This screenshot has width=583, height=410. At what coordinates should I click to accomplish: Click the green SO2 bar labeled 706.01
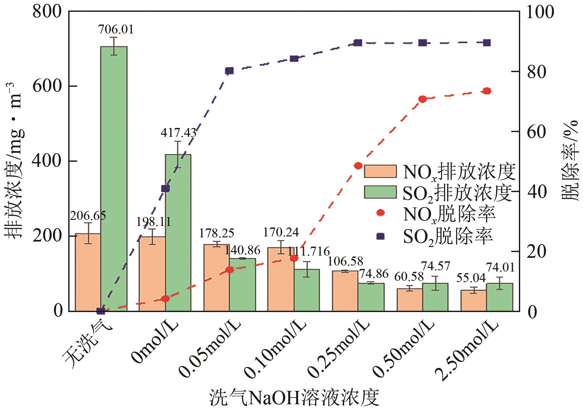(x=114, y=179)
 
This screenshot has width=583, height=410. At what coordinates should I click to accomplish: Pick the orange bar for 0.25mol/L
(x=345, y=291)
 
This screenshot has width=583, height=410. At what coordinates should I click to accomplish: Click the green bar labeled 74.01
(x=499, y=297)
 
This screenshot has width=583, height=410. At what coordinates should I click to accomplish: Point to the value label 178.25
(x=217, y=233)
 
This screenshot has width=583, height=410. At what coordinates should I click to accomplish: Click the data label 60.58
(x=409, y=277)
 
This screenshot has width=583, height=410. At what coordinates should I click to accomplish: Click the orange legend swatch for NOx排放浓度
(x=380, y=171)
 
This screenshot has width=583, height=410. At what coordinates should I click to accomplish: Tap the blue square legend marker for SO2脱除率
(x=380, y=236)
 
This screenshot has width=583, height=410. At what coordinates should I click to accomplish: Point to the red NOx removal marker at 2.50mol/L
(x=487, y=91)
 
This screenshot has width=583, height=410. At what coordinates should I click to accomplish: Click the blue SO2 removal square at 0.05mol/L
(x=229, y=71)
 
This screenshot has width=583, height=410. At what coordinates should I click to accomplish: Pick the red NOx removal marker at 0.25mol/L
(x=358, y=165)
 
